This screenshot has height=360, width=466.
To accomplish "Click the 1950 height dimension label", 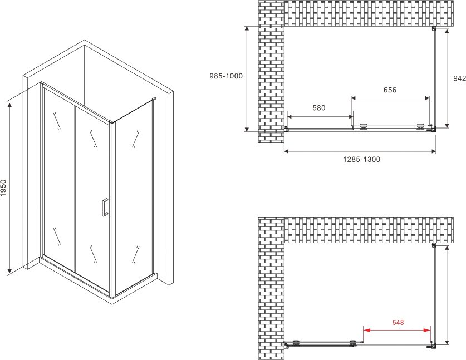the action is (x=3, y=188).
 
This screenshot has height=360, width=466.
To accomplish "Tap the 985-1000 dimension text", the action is (x=226, y=76).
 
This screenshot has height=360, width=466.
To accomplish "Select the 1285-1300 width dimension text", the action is (x=362, y=160).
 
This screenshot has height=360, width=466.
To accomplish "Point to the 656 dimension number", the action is (x=390, y=90).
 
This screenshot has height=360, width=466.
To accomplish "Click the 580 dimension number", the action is (x=319, y=108).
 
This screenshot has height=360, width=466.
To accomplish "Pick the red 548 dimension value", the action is (x=398, y=322).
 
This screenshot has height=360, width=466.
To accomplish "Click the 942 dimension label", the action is (x=459, y=78).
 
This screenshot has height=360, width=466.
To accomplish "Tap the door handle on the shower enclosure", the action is (x=105, y=206).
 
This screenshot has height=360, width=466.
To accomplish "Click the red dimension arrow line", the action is (x=397, y=330).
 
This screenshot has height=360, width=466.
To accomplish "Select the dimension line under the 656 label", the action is (x=390, y=98).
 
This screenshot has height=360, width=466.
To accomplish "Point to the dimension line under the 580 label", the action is (x=320, y=117).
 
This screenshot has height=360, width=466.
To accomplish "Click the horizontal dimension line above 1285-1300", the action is (x=360, y=151).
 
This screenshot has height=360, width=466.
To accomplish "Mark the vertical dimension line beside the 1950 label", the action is (x=10, y=188).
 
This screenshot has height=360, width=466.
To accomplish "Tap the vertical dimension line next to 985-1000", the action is (x=247, y=78).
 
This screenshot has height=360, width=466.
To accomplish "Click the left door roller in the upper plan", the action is (x=363, y=126).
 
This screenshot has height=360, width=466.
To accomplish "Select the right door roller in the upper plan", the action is (x=420, y=126).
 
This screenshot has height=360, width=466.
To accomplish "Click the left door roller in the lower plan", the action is (x=296, y=343).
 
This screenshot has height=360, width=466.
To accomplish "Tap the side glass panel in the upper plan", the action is (x=435, y=78).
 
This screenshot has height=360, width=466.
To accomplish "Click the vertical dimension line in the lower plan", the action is (x=447, y=295).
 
